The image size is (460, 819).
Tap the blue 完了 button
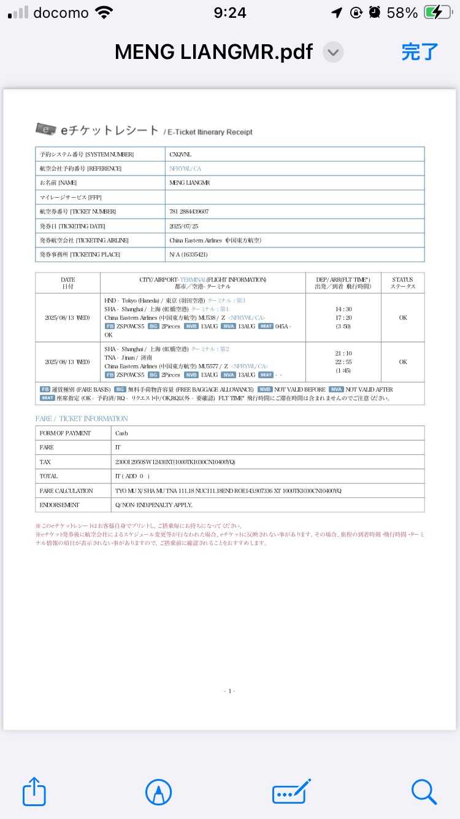pos(420,52)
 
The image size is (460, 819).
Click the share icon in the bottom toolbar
pos(34,792)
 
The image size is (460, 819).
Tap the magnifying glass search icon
pos(424,792)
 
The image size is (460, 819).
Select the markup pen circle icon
pos(158,792)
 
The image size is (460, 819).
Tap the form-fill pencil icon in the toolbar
pos(291,792)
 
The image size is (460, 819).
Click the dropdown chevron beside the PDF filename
pos(333,52)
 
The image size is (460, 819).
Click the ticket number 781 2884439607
pos(189,212)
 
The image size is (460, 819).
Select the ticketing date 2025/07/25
pos(184,226)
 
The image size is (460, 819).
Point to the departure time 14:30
pos(343,309)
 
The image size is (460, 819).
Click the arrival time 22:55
pos(343,362)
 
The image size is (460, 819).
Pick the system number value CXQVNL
pos(180,154)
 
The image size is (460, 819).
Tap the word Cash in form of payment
pos(121,433)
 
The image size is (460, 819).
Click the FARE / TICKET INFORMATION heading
pos(82,419)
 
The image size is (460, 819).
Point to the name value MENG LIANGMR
pos(189,183)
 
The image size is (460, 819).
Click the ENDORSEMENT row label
pos(59,505)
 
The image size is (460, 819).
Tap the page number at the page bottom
pos(229,691)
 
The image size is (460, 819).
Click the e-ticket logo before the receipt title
pos(46,129)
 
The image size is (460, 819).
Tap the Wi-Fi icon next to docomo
pos(105,13)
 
